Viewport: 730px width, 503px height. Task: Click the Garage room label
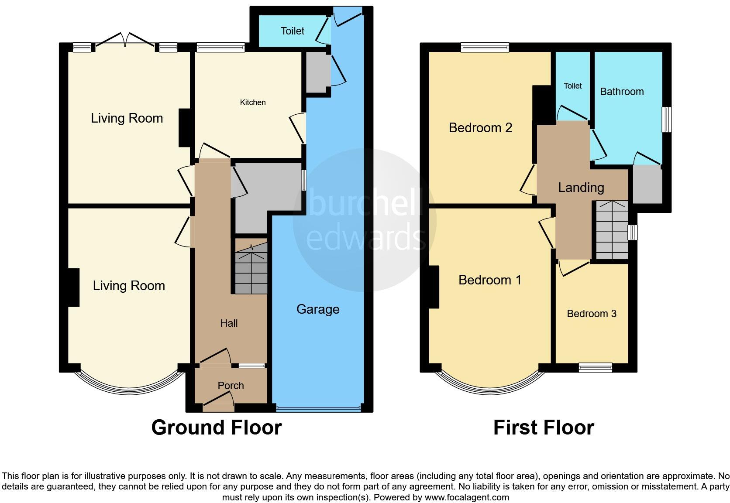click(x=318, y=309)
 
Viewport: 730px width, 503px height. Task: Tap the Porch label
click(x=231, y=386)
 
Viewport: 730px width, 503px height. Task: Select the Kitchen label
click(x=253, y=103)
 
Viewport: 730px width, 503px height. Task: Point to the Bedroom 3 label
click(x=592, y=314)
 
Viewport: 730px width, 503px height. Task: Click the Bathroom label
click(x=622, y=92)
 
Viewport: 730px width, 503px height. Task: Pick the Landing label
click(x=581, y=188)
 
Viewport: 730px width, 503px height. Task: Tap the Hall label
click(x=229, y=323)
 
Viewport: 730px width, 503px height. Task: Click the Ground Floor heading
click(x=217, y=428)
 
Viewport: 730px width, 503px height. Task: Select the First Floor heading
click(x=544, y=428)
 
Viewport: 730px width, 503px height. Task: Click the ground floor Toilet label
click(x=293, y=31)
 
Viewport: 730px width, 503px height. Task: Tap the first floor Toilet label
click(x=572, y=86)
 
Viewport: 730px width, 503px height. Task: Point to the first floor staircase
click(x=612, y=230)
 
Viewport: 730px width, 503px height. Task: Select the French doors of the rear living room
click(x=125, y=40)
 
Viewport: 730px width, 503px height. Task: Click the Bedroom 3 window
click(x=596, y=368)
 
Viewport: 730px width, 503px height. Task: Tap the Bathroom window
click(x=667, y=120)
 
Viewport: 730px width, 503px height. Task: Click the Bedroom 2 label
click(x=480, y=128)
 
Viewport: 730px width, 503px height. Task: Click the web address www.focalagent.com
click(x=466, y=497)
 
